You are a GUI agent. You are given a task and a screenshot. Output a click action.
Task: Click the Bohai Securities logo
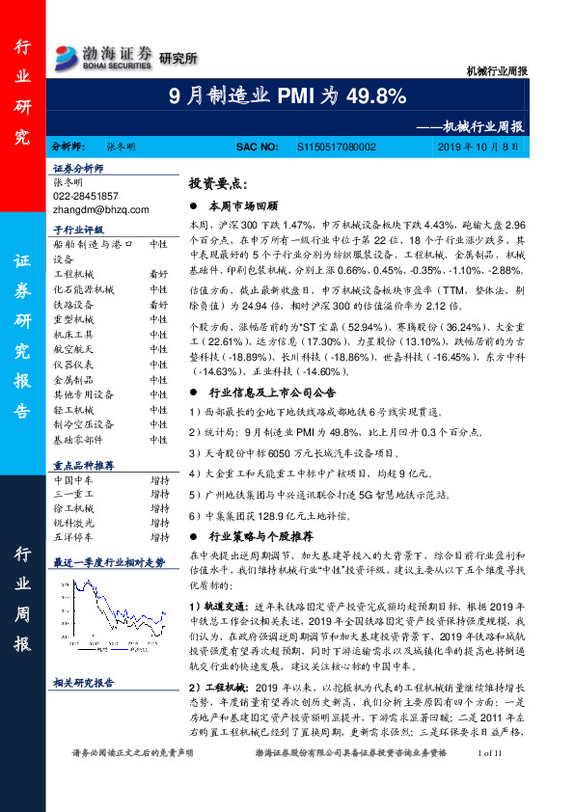tap(104, 55)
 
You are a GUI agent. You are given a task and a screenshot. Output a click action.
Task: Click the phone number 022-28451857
tap(86, 195)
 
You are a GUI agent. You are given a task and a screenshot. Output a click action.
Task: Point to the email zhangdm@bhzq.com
tap(101, 208)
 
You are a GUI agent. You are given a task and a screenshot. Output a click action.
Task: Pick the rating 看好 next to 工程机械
tap(159, 274)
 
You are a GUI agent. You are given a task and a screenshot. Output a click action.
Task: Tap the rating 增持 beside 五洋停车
tap(159, 536)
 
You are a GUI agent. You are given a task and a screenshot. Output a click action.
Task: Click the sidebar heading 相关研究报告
tap(84, 683)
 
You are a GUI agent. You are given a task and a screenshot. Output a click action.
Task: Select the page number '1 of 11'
tap(490, 780)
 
